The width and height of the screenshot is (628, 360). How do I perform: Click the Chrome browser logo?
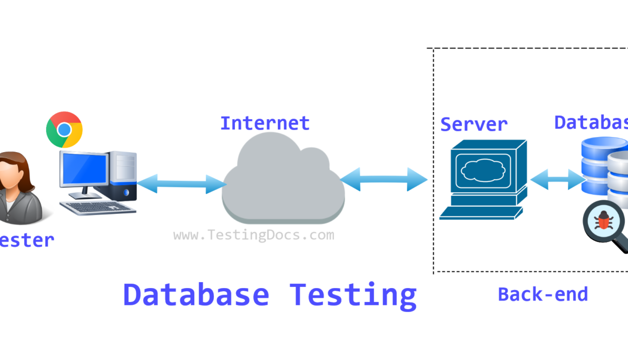pyautogui.click(x=64, y=130)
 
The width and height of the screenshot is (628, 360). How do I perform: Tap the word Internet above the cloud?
pyautogui.click(x=265, y=123)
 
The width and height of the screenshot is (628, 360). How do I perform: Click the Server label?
pyautogui.click(x=474, y=124)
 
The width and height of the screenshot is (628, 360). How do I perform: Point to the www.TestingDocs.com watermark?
pyautogui.click(x=253, y=235)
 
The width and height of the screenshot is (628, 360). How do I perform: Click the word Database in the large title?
pyautogui.click(x=196, y=295)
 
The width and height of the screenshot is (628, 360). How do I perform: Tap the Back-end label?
pyautogui.click(x=542, y=294)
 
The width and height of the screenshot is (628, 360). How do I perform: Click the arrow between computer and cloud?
pyautogui.click(x=181, y=184)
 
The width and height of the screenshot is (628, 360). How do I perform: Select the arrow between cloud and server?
pyautogui.click(x=384, y=179)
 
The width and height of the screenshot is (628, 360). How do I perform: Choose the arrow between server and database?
pyautogui.click(x=556, y=180)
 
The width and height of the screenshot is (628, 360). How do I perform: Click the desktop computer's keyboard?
pyautogui.click(x=97, y=207)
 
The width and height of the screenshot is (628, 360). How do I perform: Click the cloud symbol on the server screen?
pyautogui.click(x=482, y=170)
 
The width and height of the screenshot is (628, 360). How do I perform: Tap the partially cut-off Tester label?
pyautogui.click(x=27, y=240)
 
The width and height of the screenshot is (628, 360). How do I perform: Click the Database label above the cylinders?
pyautogui.click(x=591, y=122)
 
